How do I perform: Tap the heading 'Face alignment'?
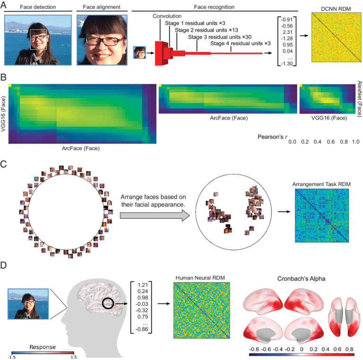[102, 7]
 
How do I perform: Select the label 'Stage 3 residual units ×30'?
[220, 37]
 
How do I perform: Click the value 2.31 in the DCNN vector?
[287, 32]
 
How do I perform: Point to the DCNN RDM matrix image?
[336, 37]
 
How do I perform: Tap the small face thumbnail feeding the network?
[139, 52]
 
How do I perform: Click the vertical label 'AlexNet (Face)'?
[360, 99]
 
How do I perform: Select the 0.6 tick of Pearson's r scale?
[330, 142]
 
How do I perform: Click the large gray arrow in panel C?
[155, 215]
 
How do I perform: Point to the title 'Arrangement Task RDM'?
[321, 184]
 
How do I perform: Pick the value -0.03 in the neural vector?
[143, 304]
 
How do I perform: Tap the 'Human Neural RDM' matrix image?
[202, 310]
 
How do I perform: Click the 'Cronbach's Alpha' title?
[301, 279]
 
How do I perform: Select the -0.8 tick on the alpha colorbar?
[254, 349]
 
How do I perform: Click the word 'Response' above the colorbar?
[43, 347]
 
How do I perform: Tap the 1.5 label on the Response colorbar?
[74, 357]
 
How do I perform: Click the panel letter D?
[4, 265]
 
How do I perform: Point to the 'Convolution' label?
[167, 16]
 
